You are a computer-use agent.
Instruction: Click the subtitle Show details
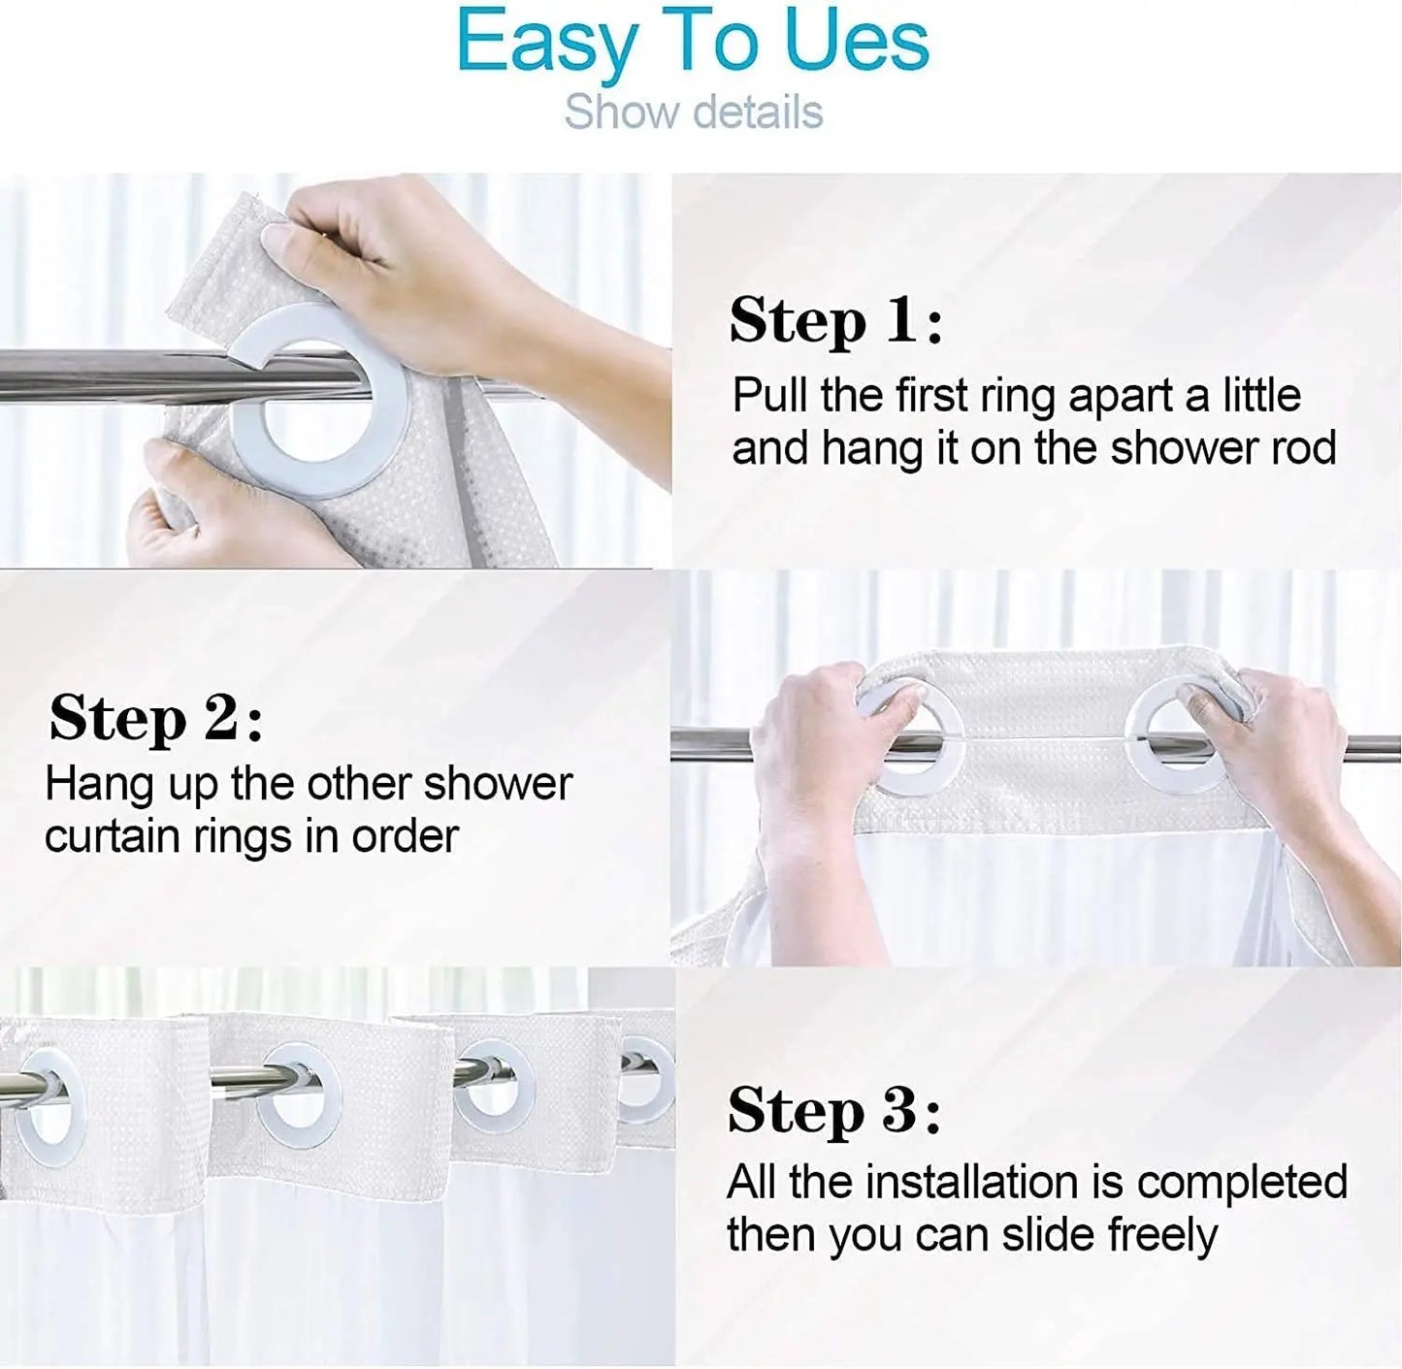(x=694, y=112)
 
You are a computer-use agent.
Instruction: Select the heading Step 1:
(x=835, y=321)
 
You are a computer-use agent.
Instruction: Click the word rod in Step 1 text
(x=1309, y=448)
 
